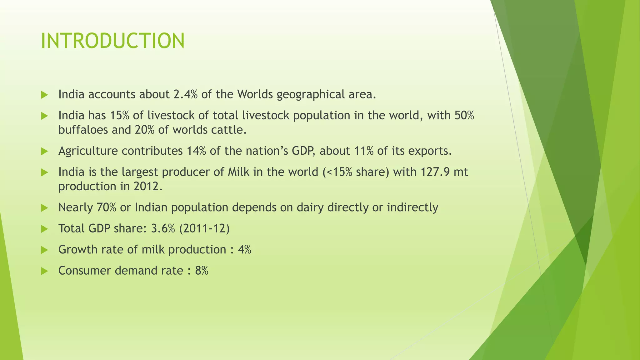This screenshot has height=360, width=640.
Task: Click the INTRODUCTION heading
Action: [112, 41]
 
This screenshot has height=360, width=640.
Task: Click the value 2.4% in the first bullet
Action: [185, 94]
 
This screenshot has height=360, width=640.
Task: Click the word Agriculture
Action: [88, 151]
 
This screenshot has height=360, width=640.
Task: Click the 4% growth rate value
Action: [244, 250]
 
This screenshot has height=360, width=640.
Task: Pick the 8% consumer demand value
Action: [202, 271]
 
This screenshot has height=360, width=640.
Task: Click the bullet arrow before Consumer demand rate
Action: [44, 271]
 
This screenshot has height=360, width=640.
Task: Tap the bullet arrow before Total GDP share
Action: [44, 229]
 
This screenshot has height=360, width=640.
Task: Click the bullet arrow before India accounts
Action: [44, 95]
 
